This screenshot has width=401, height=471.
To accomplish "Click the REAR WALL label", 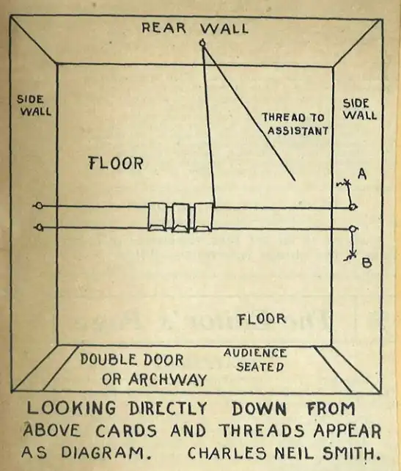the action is coord(195,28).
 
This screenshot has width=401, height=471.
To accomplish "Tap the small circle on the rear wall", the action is coord(203,43).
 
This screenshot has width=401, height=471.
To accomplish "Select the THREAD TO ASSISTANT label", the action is coord(295,124).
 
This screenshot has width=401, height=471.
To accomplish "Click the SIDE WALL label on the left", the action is coord(34,106).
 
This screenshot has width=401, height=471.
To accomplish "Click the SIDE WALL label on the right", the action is coord(359,109).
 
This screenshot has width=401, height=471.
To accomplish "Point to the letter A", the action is coord(362,174).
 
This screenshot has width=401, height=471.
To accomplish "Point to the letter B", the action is coord(367,263).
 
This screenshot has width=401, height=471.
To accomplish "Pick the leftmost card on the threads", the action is coord(157,217).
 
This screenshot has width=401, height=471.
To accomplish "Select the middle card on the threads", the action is coord(180,217).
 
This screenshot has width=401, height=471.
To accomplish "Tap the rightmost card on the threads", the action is coord(204,217).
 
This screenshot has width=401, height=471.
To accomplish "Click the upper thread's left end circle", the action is coord(40,205).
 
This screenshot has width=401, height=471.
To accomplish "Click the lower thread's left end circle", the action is coord(40,227).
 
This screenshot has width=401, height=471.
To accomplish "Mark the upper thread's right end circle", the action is coord(353,207).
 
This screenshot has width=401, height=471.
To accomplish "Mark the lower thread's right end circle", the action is coord(353,229).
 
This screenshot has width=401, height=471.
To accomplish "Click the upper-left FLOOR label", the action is coord(116,164).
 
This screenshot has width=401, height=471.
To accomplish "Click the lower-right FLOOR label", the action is coord(262,319).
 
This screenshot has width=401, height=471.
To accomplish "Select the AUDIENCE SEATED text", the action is coord(255,360).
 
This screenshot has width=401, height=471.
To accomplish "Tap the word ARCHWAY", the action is coord(168,379).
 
